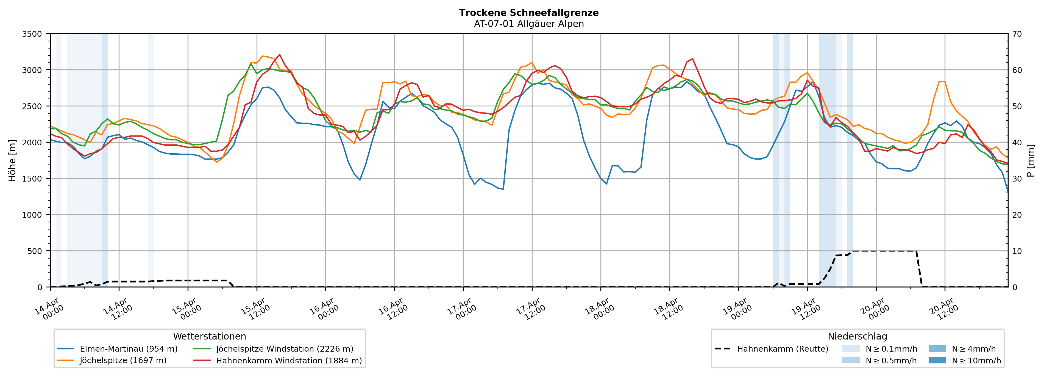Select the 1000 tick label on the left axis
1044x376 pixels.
(32, 215)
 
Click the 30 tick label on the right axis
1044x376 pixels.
(1017, 179)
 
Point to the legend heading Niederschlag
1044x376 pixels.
(857, 336)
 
